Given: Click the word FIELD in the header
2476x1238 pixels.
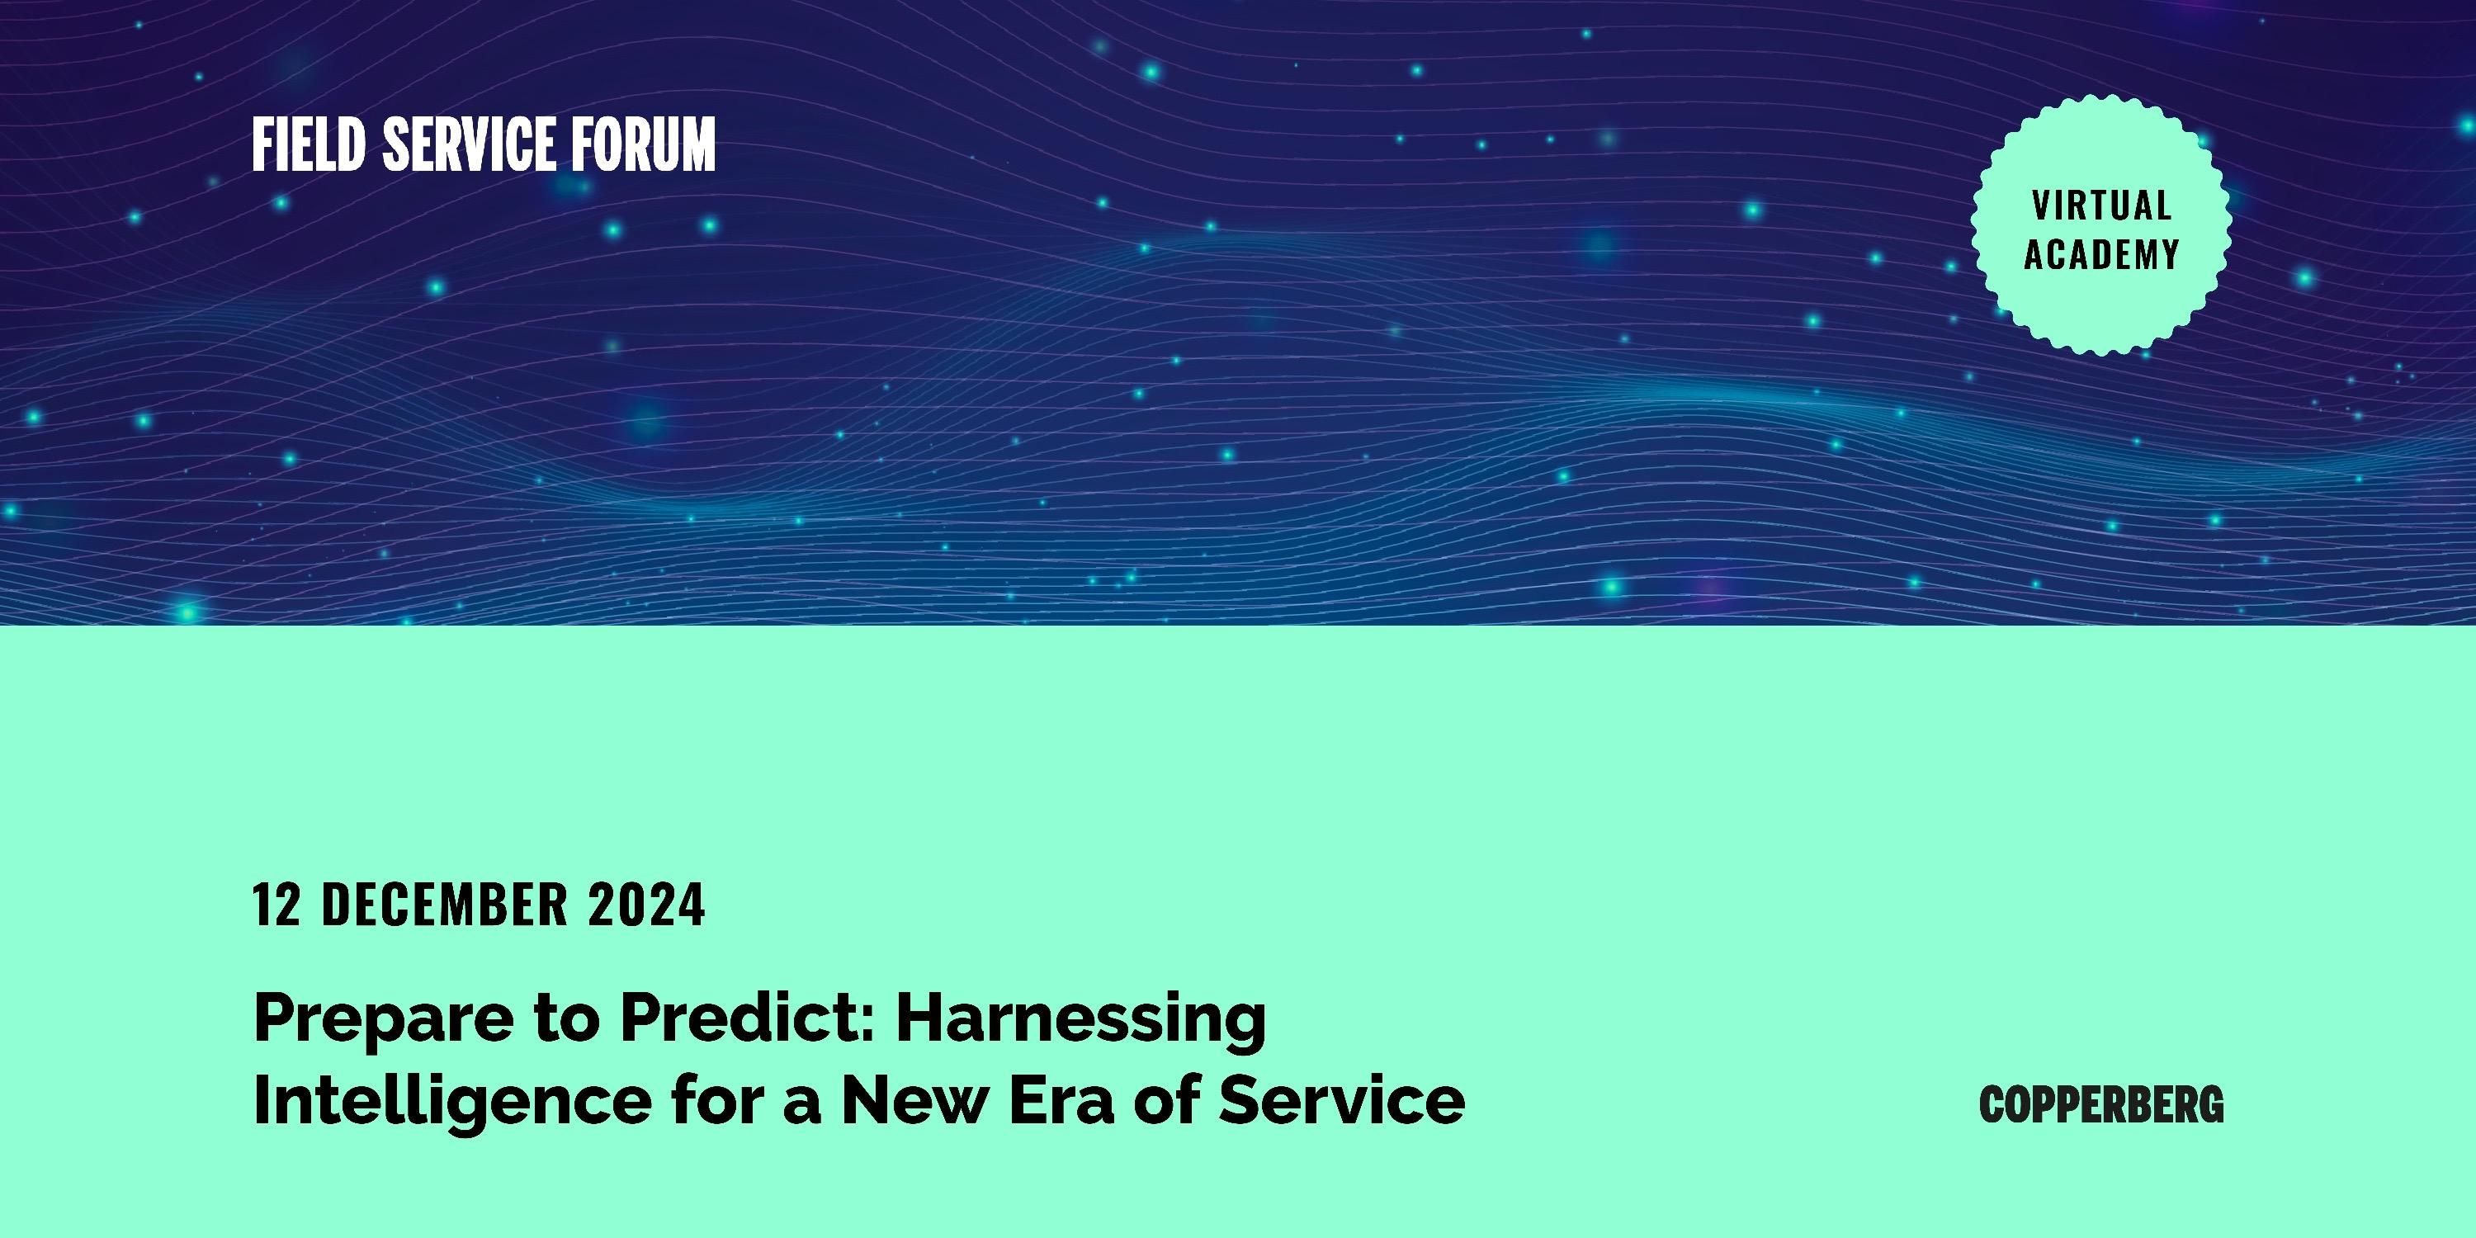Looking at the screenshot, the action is [309, 145].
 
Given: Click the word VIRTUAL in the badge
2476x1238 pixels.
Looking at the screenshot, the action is [2102, 206].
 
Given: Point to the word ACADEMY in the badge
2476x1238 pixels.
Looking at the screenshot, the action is [2102, 255].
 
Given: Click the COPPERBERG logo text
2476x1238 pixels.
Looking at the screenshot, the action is [2102, 1104].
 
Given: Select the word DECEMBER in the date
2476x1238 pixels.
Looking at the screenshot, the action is [445, 905].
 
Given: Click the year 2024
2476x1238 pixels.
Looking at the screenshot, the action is [647, 905].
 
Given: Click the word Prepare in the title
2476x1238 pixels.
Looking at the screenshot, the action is [384, 1018].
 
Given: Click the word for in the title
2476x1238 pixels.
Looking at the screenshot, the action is [717, 1099].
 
